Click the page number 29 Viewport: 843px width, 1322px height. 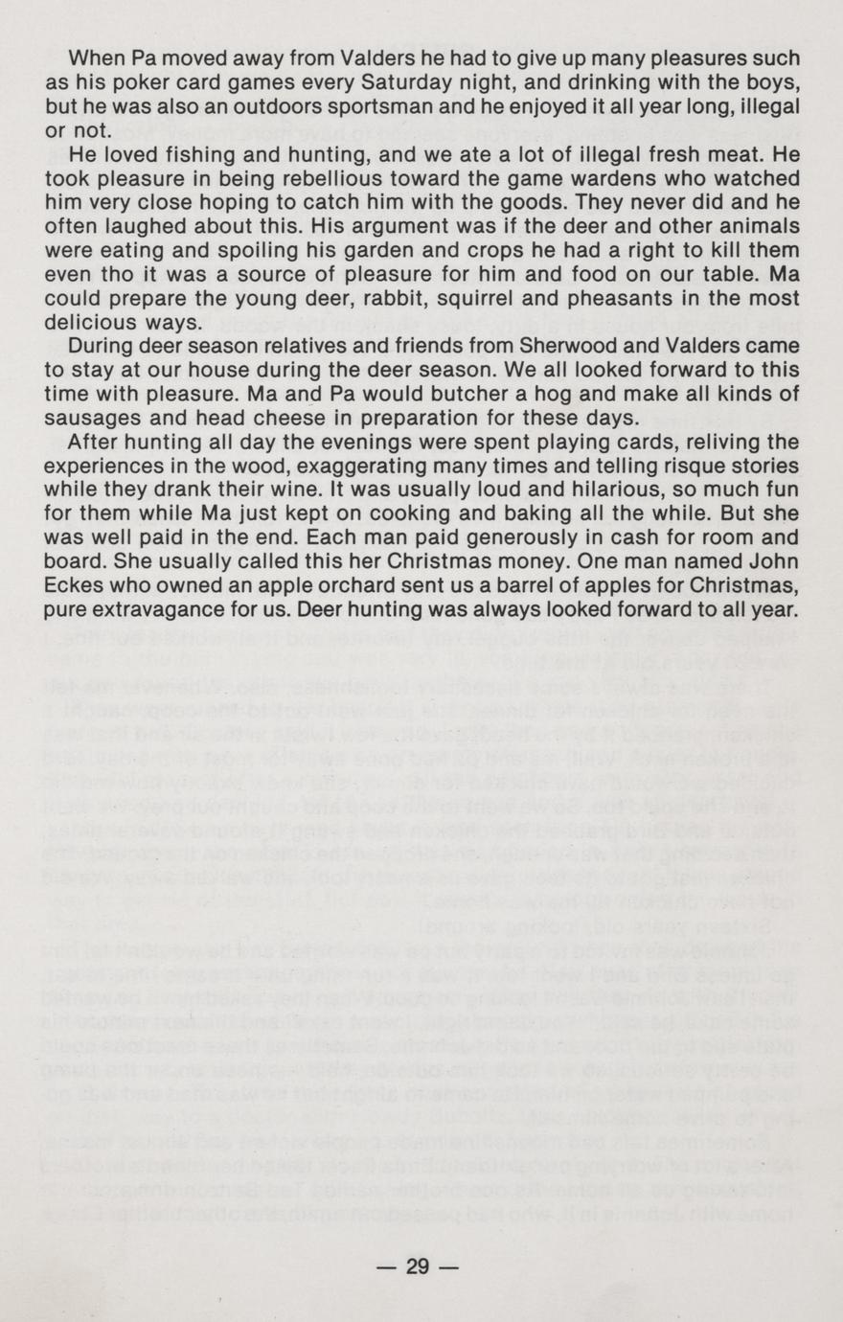click(x=418, y=1266)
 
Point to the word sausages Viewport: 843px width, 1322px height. click(x=97, y=418)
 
